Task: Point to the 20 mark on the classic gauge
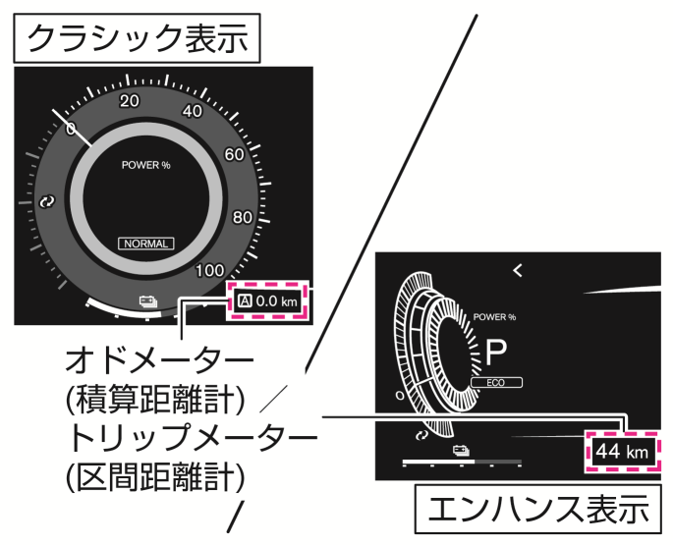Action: click(129, 101)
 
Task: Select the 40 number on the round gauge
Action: click(193, 111)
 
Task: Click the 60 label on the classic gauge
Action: click(235, 154)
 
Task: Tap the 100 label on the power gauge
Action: click(210, 270)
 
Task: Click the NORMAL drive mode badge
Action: click(146, 243)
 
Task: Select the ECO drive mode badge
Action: click(496, 382)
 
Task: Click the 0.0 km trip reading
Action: click(275, 301)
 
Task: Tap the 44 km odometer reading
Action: click(622, 453)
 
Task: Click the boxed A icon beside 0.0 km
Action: click(244, 301)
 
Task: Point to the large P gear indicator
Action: click(496, 351)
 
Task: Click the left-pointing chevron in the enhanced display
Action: click(517, 270)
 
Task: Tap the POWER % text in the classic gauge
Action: click(145, 165)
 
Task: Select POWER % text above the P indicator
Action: click(494, 317)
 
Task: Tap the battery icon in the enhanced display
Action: click(459, 450)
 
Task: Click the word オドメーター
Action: click(158, 359)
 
